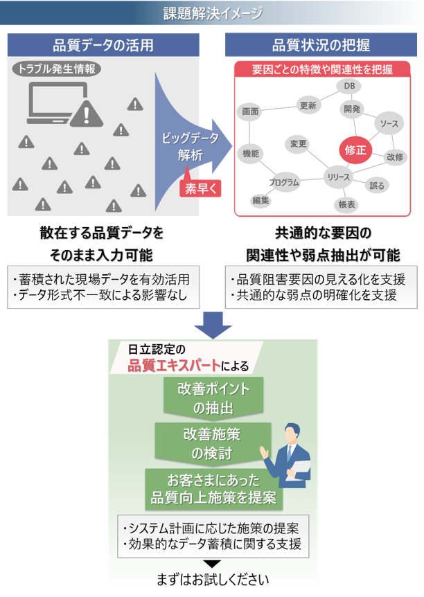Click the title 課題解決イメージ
[212, 13]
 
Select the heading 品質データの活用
[103, 46]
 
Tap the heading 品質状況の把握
[321, 46]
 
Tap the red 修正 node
[356, 150]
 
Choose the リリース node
[339, 177]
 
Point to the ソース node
[389, 123]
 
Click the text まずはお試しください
[212, 578]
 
